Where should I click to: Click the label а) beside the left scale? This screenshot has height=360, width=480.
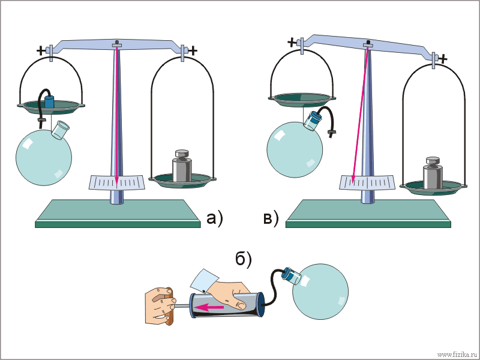215,218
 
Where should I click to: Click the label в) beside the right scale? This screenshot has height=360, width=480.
271,218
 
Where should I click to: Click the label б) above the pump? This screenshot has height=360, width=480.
244,260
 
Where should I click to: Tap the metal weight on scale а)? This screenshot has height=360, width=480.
182,166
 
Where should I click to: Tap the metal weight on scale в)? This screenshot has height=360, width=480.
433,173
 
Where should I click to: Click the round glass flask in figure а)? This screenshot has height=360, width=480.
44,156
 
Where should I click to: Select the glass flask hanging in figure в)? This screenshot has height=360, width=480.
295,149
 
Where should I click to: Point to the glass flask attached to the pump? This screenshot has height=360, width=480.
320,291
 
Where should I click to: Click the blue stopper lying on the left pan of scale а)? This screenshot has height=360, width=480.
49,101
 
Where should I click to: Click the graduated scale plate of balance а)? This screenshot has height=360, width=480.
116,182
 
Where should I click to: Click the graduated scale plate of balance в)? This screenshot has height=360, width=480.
367,183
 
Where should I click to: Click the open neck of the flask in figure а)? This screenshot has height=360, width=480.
61,130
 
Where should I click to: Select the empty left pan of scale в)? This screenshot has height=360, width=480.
302,99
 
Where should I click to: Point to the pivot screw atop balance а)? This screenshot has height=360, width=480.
116,43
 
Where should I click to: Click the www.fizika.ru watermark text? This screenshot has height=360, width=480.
457,355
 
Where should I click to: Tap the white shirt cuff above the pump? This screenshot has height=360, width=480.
204,280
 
